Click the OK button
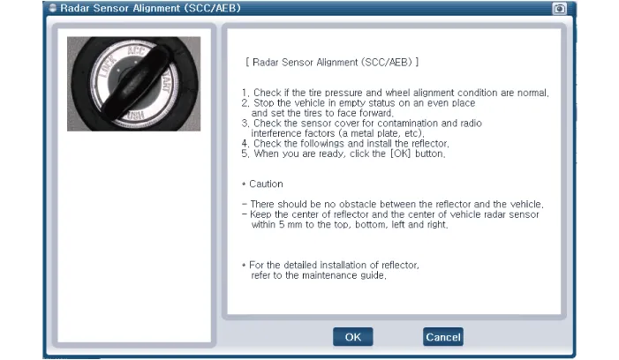point(352,337)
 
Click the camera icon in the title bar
point(559,9)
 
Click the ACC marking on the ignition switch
point(136,51)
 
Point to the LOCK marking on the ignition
point(108,66)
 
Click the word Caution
point(266,184)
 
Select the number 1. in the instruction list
point(245,93)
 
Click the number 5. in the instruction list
point(245,154)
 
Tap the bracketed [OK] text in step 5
point(400,154)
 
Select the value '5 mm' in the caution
point(291,224)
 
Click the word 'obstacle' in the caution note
point(358,204)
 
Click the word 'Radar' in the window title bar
point(75,8)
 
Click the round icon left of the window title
point(53,8)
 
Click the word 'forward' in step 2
point(376,113)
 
